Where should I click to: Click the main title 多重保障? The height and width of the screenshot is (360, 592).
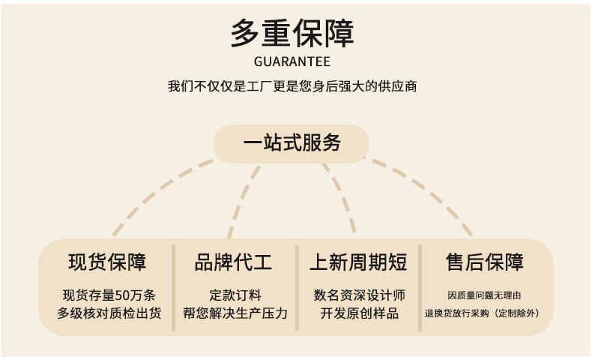click(292, 33)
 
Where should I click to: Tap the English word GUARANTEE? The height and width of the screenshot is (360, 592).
click(292, 61)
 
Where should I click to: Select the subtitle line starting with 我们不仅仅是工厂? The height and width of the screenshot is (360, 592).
click(292, 86)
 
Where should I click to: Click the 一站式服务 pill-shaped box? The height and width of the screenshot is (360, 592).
click(291, 143)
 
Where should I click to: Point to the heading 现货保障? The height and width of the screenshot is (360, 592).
click(107, 262)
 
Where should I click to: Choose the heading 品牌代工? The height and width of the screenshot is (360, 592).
click(233, 262)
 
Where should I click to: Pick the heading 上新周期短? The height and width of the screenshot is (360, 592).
click(358, 262)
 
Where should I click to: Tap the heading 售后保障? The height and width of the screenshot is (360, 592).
click(484, 262)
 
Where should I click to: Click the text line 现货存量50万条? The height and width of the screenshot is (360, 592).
click(109, 295)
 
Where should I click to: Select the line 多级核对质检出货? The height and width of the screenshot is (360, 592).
click(109, 313)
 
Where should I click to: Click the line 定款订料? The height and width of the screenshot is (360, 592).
click(235, 295)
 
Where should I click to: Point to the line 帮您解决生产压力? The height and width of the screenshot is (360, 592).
click(235, 313)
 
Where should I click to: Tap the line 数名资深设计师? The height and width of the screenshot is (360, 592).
click(360, 295)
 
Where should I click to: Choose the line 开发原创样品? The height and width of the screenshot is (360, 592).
click(360, 313)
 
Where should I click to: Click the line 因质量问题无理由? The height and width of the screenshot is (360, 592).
click(484, 295)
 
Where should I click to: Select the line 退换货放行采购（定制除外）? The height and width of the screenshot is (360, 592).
click(482, 313)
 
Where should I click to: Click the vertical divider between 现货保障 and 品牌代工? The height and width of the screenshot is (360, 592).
click(174, 288)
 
